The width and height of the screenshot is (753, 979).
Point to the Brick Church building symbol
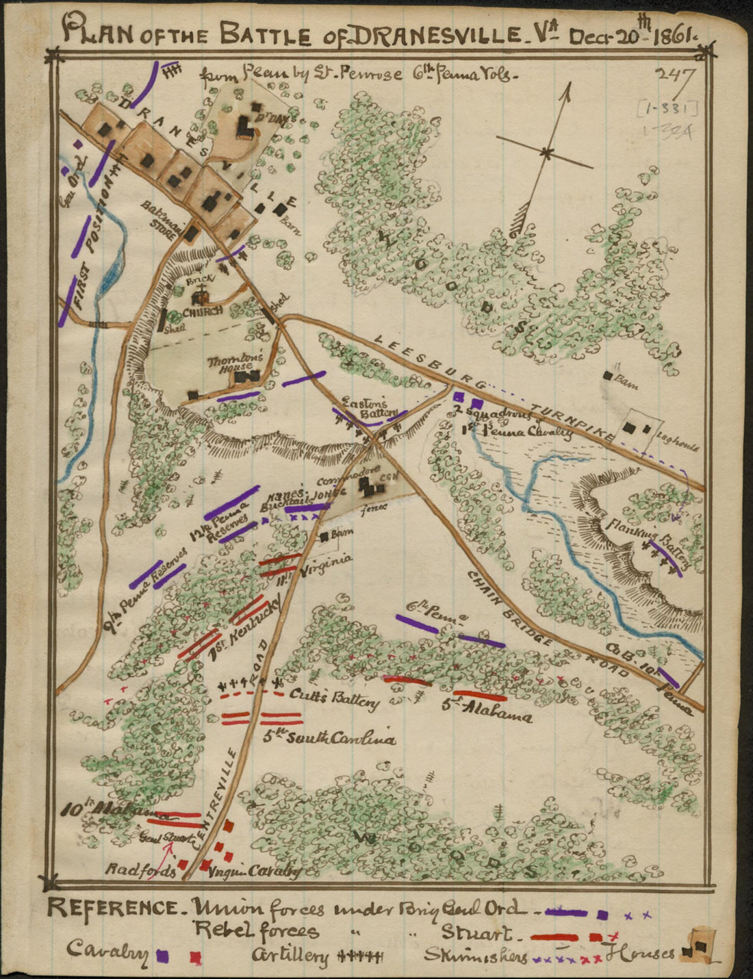click(x=201, y=296)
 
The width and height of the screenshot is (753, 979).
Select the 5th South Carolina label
click(x=329, y=739)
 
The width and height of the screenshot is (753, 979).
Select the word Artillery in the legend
click(x=292, y=956)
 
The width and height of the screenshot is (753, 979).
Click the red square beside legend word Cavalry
click(x=196, y=956)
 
